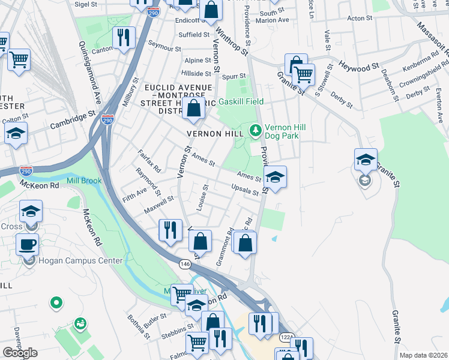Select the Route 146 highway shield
click(185, 263)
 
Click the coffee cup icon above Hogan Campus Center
click(28, 245)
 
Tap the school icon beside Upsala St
click(275, 178)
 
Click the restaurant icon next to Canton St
click(124, 38)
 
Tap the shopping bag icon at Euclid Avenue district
click(194, 109)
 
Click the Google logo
click(19, 353)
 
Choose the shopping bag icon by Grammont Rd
click(245, 243)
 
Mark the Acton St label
click(360, 19)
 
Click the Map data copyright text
click(423, 355)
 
